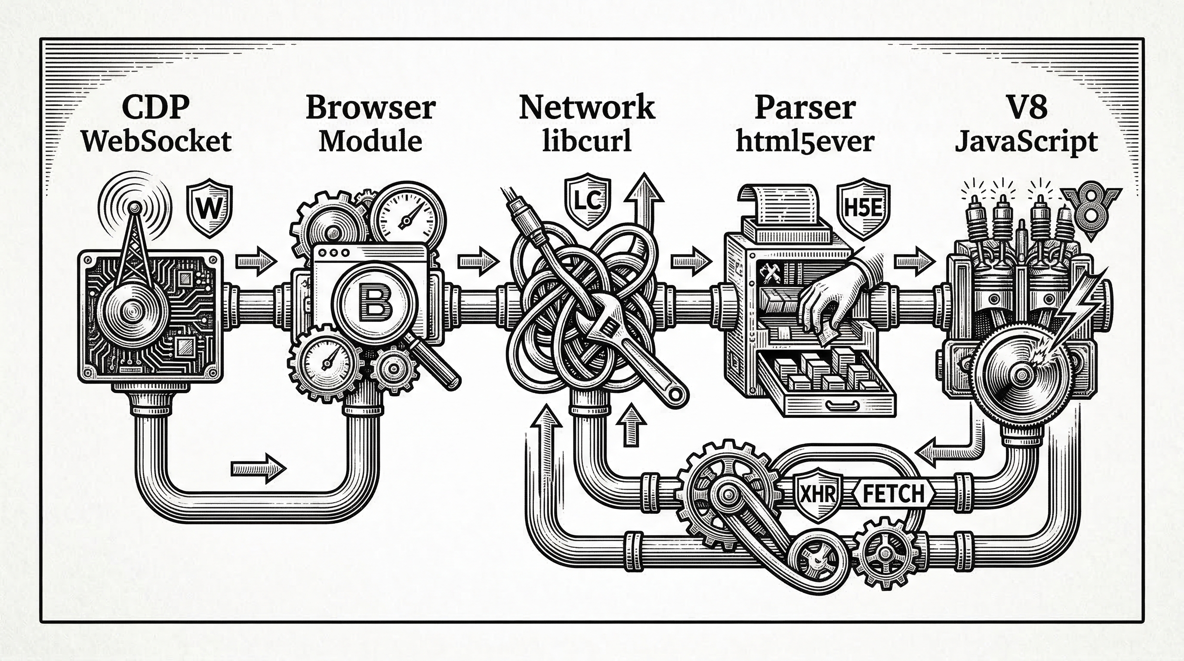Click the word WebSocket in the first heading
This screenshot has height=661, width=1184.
pyautogui.click(x=156, y=142)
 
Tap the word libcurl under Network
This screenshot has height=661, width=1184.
pyautogui.click(x=586, y=142)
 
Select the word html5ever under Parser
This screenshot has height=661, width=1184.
pyautogui.click(x=805, y=142)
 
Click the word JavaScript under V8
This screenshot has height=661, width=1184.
pyautogui.click(x=1026, y=142)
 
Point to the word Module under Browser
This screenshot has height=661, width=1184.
pyautogui.click(x=370, y=142)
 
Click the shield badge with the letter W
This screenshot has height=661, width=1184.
pyautogui.click(x=209, y=209)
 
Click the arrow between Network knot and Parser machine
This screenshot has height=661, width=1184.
pyautogui.click(x=691, y=262)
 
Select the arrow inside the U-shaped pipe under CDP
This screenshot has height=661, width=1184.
pyautogui.click(x=258, y=469)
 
